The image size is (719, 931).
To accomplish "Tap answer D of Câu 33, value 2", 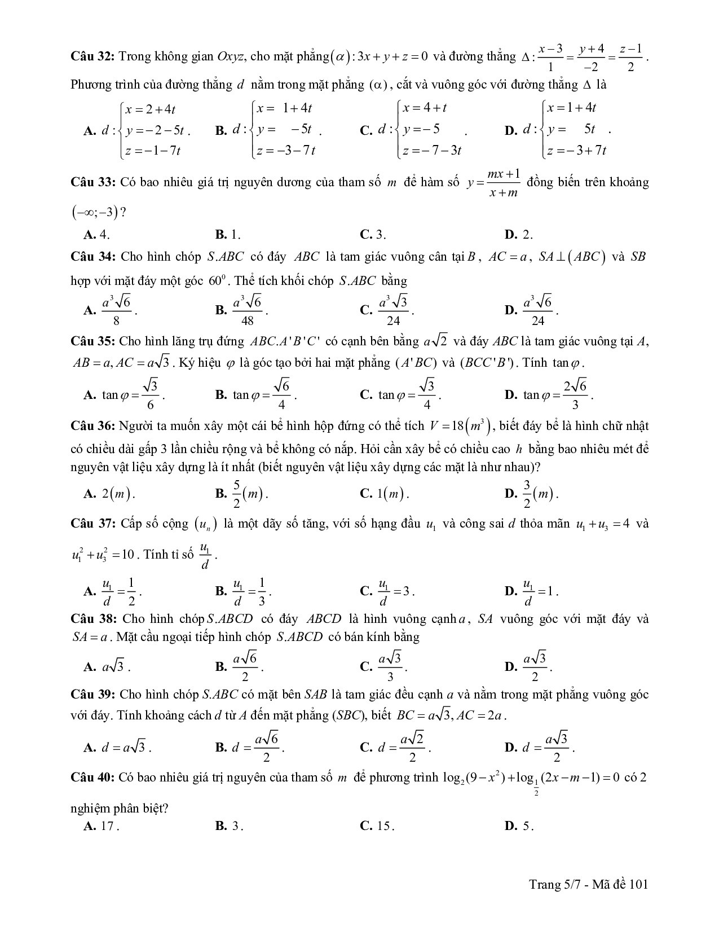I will [x=519, y=235].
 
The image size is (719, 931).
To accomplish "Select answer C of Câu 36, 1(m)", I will [x=385, y=494].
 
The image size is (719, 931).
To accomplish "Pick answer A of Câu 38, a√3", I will [x=107, y=666].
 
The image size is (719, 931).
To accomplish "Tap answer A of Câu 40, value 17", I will [x=102, y=826].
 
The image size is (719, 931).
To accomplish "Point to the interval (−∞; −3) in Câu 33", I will [x=96, y=213].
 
